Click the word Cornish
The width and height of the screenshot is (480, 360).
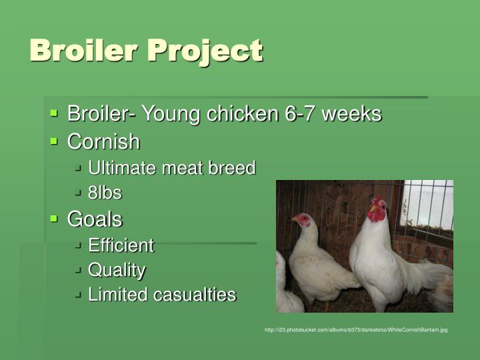103,142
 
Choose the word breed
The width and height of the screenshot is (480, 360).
231,168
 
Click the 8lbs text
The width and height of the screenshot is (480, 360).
105,193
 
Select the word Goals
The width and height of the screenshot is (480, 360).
95,219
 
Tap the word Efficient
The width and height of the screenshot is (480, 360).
121,245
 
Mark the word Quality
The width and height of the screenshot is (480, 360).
117,270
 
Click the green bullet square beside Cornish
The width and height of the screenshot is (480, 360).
55,141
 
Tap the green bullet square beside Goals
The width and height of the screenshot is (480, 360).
55,218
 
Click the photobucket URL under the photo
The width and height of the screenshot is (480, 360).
355,330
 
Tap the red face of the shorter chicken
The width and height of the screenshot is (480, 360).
303,219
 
